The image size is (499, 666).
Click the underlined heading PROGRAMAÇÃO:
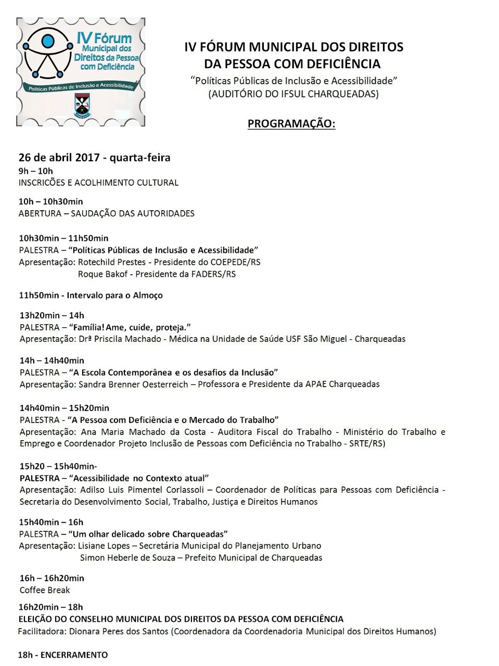coord(291,124)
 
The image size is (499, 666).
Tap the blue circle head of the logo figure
coord(48,41)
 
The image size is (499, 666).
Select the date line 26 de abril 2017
coord(94,158)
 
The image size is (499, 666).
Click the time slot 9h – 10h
coord(35,171)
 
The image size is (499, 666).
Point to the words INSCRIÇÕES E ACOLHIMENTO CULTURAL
coord(98,183)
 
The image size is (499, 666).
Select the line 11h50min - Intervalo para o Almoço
coord(91,295)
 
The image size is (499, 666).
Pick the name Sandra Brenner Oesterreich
coord(133,384)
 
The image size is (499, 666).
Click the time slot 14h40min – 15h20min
coord(64,408)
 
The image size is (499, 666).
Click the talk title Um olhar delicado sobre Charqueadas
coord(148,534)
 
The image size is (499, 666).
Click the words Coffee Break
coord(45,590)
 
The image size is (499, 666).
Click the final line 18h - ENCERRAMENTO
coord(63,655)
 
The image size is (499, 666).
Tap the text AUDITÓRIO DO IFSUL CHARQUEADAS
coord(293,94)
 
